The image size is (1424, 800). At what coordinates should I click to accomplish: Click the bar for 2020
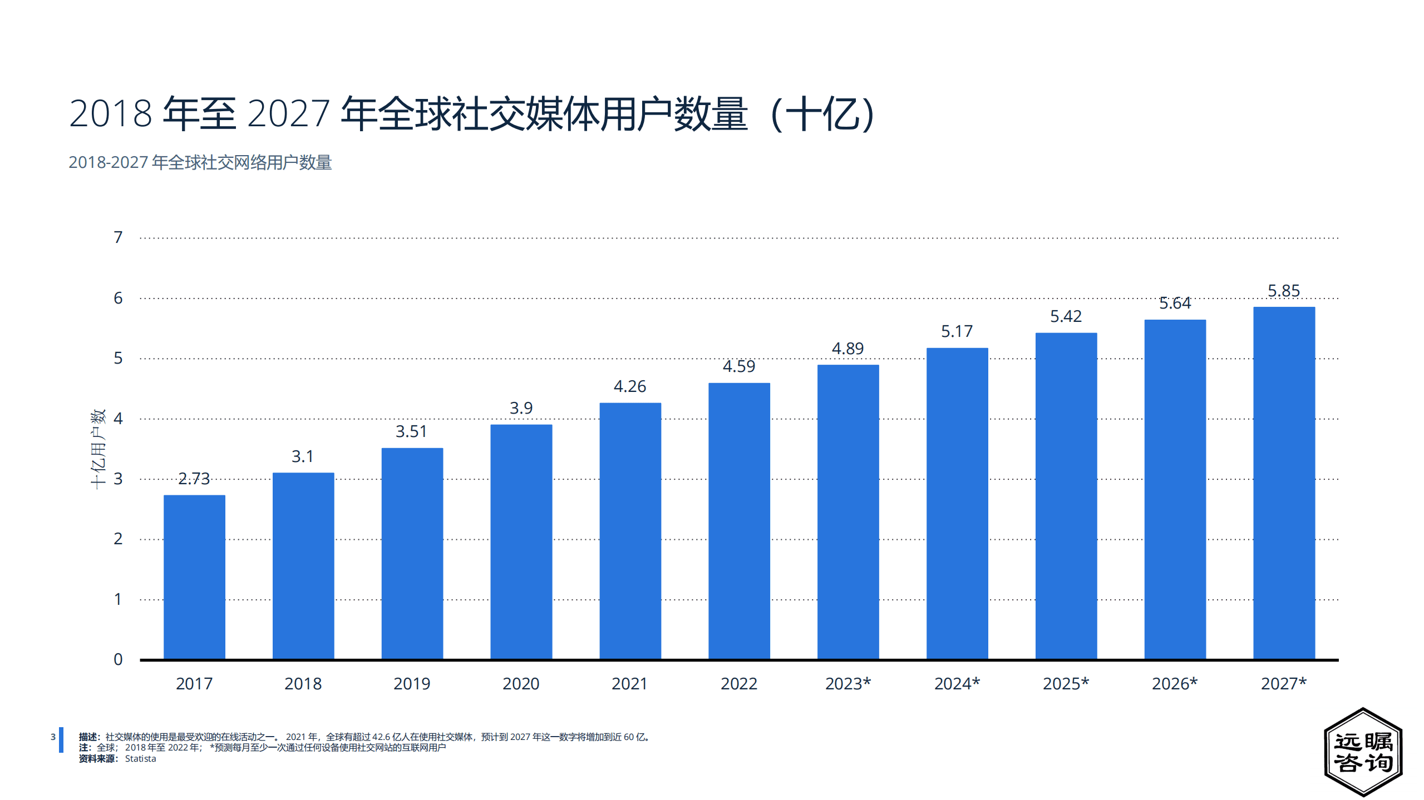point(521,541)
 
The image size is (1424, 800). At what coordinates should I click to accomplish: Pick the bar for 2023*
point(848,511)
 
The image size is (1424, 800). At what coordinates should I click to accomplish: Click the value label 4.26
point(630,386)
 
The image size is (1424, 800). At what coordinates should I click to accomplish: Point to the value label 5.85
point(1284,291)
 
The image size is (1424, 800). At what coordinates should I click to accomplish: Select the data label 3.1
point(303,456)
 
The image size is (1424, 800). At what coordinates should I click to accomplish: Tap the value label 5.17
point(957,331)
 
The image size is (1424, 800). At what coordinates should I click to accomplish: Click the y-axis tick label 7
point(118,237)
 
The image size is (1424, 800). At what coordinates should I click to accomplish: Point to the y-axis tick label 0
point(118,659)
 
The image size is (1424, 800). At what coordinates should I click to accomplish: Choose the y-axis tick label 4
point(118,419)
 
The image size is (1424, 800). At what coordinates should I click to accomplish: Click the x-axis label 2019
point(412,684)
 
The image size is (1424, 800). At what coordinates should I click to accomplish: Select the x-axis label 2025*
point(1066,684)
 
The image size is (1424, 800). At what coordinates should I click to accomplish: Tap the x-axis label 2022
point(739,684)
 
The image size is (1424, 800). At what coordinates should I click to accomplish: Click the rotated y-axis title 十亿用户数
point(98,449)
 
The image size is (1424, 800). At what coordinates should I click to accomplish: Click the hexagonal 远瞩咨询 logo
point(1363,752)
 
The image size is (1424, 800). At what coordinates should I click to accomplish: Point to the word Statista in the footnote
point(140,759)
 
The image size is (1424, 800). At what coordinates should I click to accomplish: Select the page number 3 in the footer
point(53,737)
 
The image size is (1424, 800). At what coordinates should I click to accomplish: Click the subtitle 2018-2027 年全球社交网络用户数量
point(200,162)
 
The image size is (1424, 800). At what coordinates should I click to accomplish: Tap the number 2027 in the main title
point(288,114)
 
